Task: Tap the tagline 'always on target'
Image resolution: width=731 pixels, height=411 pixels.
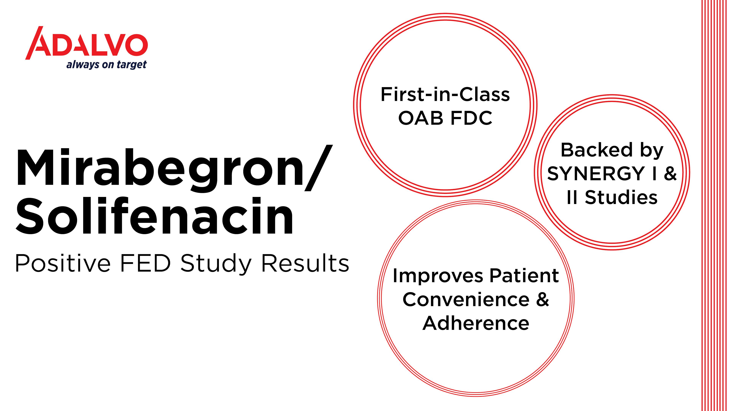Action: pyautogui.click(x=106, y=65)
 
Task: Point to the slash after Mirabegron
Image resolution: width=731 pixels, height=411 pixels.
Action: pyautogui.click(x=318, y=167)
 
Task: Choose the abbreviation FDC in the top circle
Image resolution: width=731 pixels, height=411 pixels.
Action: pyautogui.click(x=471, y=118)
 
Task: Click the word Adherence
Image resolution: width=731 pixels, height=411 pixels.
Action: pyautogui.click(x=476, y=323)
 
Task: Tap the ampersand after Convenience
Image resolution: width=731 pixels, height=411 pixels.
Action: pyautogui.click(x=543, y=299)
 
